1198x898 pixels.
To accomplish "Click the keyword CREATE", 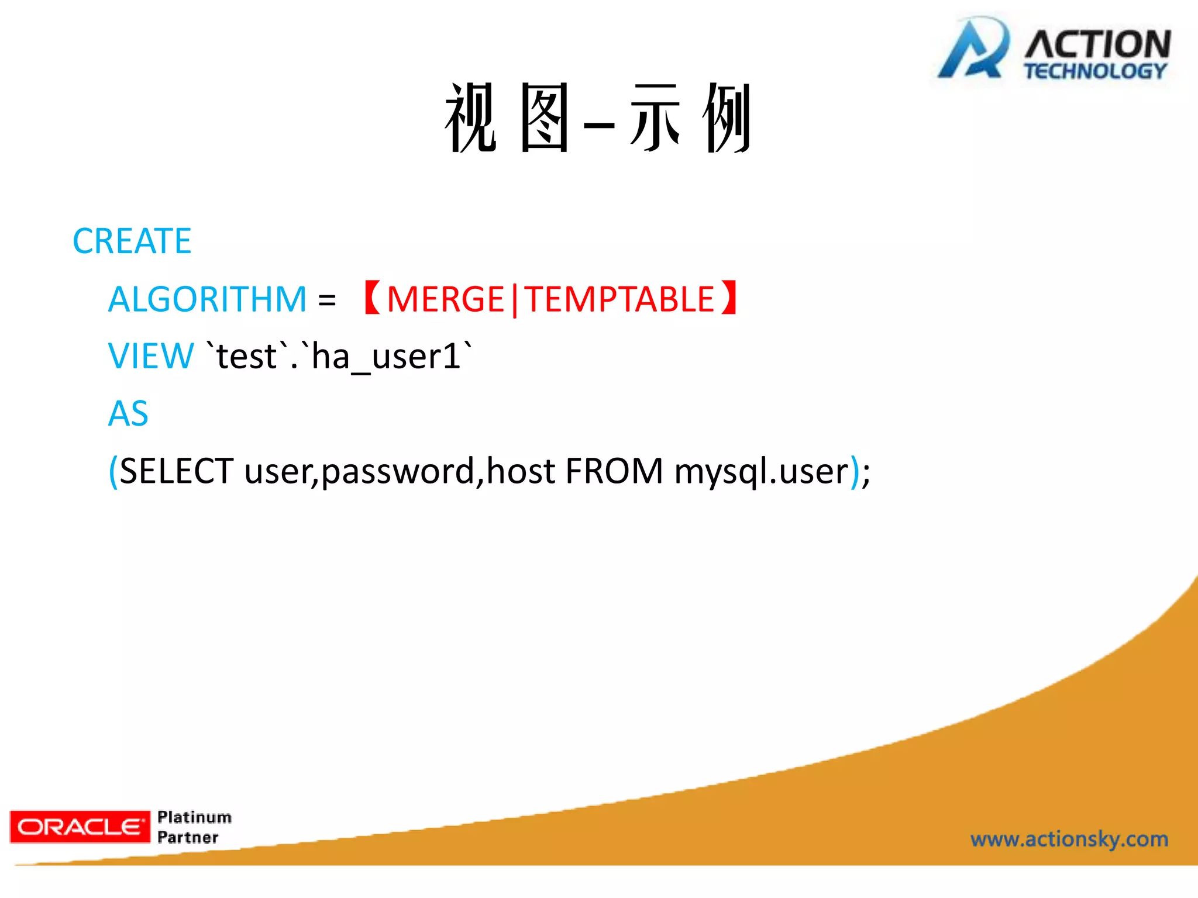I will (x=132, y=241).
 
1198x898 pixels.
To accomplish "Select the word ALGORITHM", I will (x=208, y=299).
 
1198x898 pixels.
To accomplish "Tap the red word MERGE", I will (x=445, y=299).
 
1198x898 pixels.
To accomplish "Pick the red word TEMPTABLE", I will (x=619, y=299).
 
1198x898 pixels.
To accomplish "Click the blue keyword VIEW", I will (x=151, y=356).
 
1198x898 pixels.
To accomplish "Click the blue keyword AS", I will (x=129, y=413).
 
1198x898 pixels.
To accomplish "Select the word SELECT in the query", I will (x=177, y=471).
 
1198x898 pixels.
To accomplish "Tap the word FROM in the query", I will (x=614, y=471).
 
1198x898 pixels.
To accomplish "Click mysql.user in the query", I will (x=760, y=471).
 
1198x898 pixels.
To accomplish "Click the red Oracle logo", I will (x=80, y=827).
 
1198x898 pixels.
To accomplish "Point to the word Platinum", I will (x=194, y=817).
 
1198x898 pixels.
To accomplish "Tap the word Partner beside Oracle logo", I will (x=188, y=837).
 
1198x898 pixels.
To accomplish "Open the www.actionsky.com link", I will (x=1069, y=839).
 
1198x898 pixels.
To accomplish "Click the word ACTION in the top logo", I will (x=1097, y=44).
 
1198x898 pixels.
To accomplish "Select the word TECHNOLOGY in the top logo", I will (x=1095, y=71).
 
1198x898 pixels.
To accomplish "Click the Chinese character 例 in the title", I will (x=727, y=118).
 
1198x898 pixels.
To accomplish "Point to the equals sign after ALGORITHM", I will (x=327, y=301).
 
